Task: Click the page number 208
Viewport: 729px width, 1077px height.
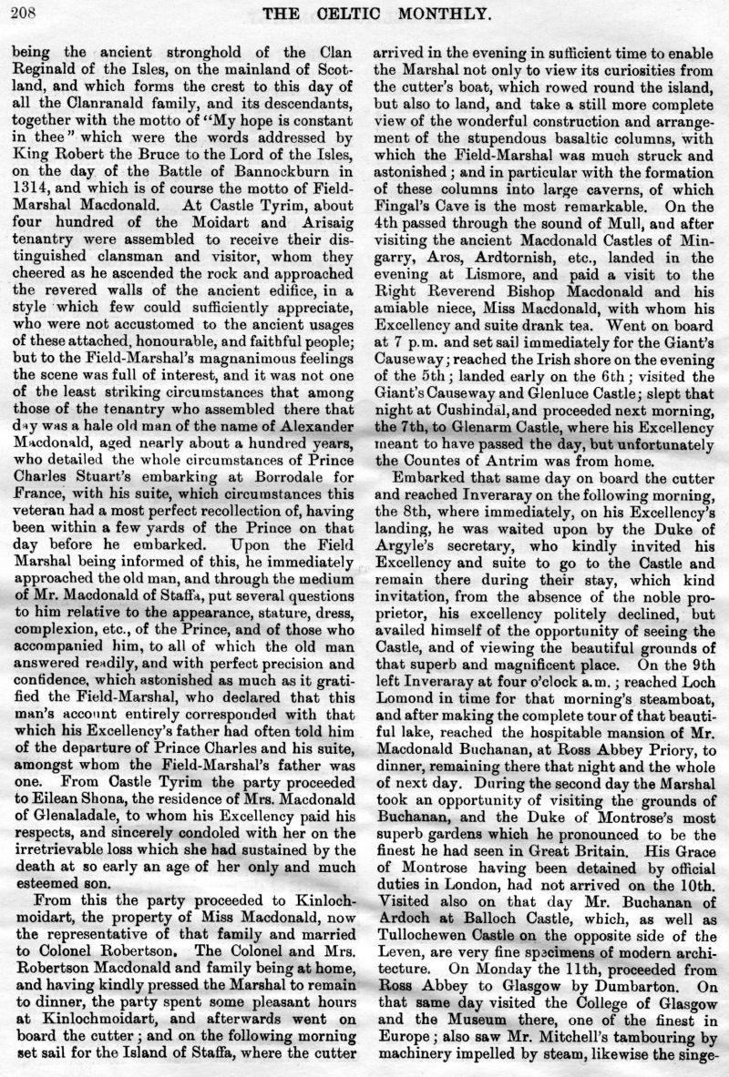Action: click(x=20, y=12)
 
